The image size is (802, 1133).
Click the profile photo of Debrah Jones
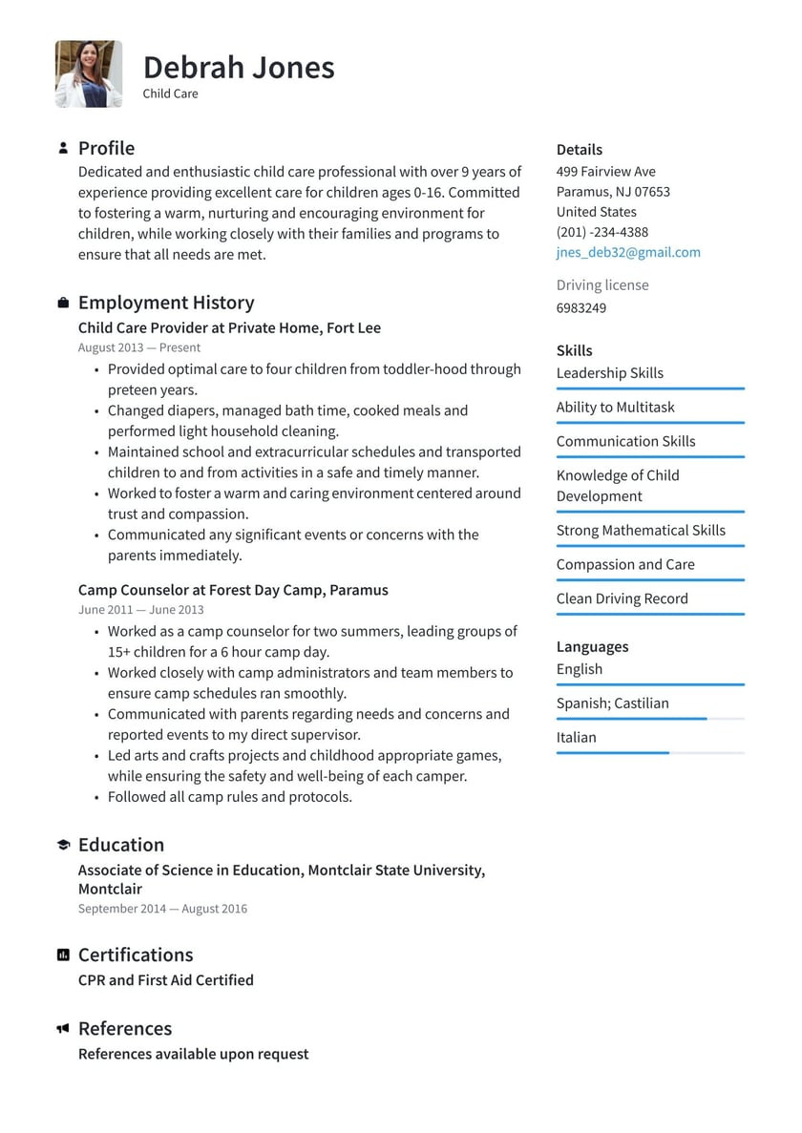(89, 73)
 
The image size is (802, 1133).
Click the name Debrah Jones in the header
(239, 67)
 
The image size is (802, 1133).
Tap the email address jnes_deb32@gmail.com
(628, 252)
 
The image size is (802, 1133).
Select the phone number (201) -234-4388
(601, 232)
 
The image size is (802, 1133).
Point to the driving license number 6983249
(580, 307)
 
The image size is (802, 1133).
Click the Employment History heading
(166, 303)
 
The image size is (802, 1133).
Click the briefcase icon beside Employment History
(63, 303)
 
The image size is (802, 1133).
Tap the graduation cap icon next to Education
(63, 845)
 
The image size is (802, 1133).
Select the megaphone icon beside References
(63, 1028)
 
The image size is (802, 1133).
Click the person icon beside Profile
(63, 148)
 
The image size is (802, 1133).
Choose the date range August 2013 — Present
(139, 347)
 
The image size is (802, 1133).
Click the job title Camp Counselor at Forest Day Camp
(233, 590)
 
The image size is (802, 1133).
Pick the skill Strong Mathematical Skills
(641, 530)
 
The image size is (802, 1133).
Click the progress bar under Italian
(649, 753)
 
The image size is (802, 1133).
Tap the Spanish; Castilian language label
(612, 703)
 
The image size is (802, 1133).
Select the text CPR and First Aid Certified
(166, 979)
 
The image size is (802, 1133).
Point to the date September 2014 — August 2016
(162, 909)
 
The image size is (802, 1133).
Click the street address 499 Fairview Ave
(605, 171)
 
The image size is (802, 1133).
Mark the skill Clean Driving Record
(622, 598)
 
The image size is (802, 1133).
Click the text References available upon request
(193, 1054)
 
